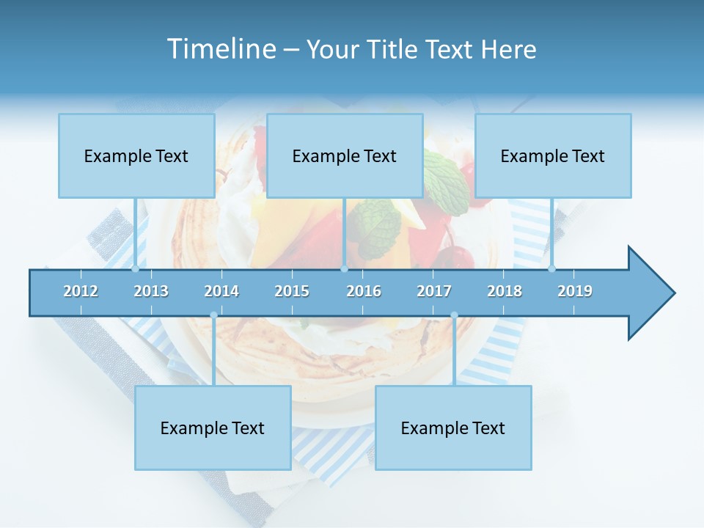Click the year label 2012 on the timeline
pos(81,291)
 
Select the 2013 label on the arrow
pos(151,291)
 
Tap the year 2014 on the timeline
pos(221,291)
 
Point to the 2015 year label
pos(292,291)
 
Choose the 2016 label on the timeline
pos(364,291)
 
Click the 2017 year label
pos(434,291)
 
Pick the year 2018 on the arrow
pos(505,291)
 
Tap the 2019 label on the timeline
pos(575,291)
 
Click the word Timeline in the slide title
pos(220,49)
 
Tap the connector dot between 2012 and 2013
pos(135,269)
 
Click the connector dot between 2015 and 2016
pos(344,269)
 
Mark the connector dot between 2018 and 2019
pos(551,269)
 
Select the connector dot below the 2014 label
pos(213,315)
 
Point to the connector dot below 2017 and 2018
pos(454,315)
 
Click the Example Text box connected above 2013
pos(136,155)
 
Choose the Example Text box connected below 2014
pos(213,428)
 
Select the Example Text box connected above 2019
pos(553,155)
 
